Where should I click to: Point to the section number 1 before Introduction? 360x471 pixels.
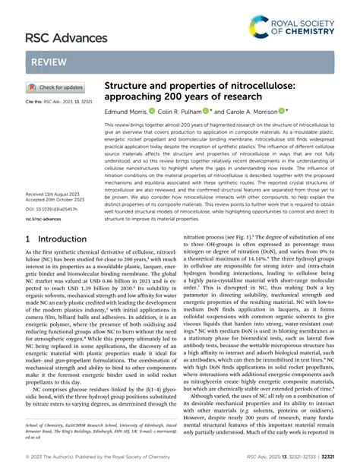[29, 239]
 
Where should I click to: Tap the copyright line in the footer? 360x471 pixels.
[90, 459]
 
